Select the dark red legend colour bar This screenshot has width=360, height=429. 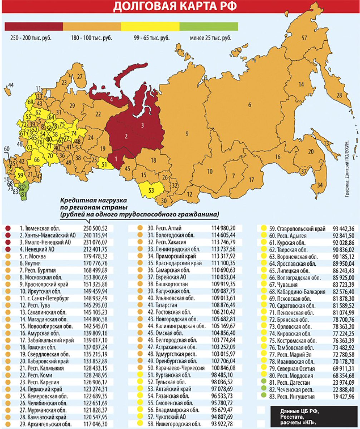34,26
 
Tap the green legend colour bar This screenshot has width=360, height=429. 208,26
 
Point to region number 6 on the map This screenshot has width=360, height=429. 250,104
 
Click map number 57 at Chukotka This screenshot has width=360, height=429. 304,38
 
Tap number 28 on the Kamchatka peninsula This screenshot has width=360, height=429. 339,95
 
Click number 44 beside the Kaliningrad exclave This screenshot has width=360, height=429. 11,85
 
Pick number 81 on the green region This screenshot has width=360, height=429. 24,194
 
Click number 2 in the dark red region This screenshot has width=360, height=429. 126,136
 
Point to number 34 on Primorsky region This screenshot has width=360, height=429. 320,185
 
